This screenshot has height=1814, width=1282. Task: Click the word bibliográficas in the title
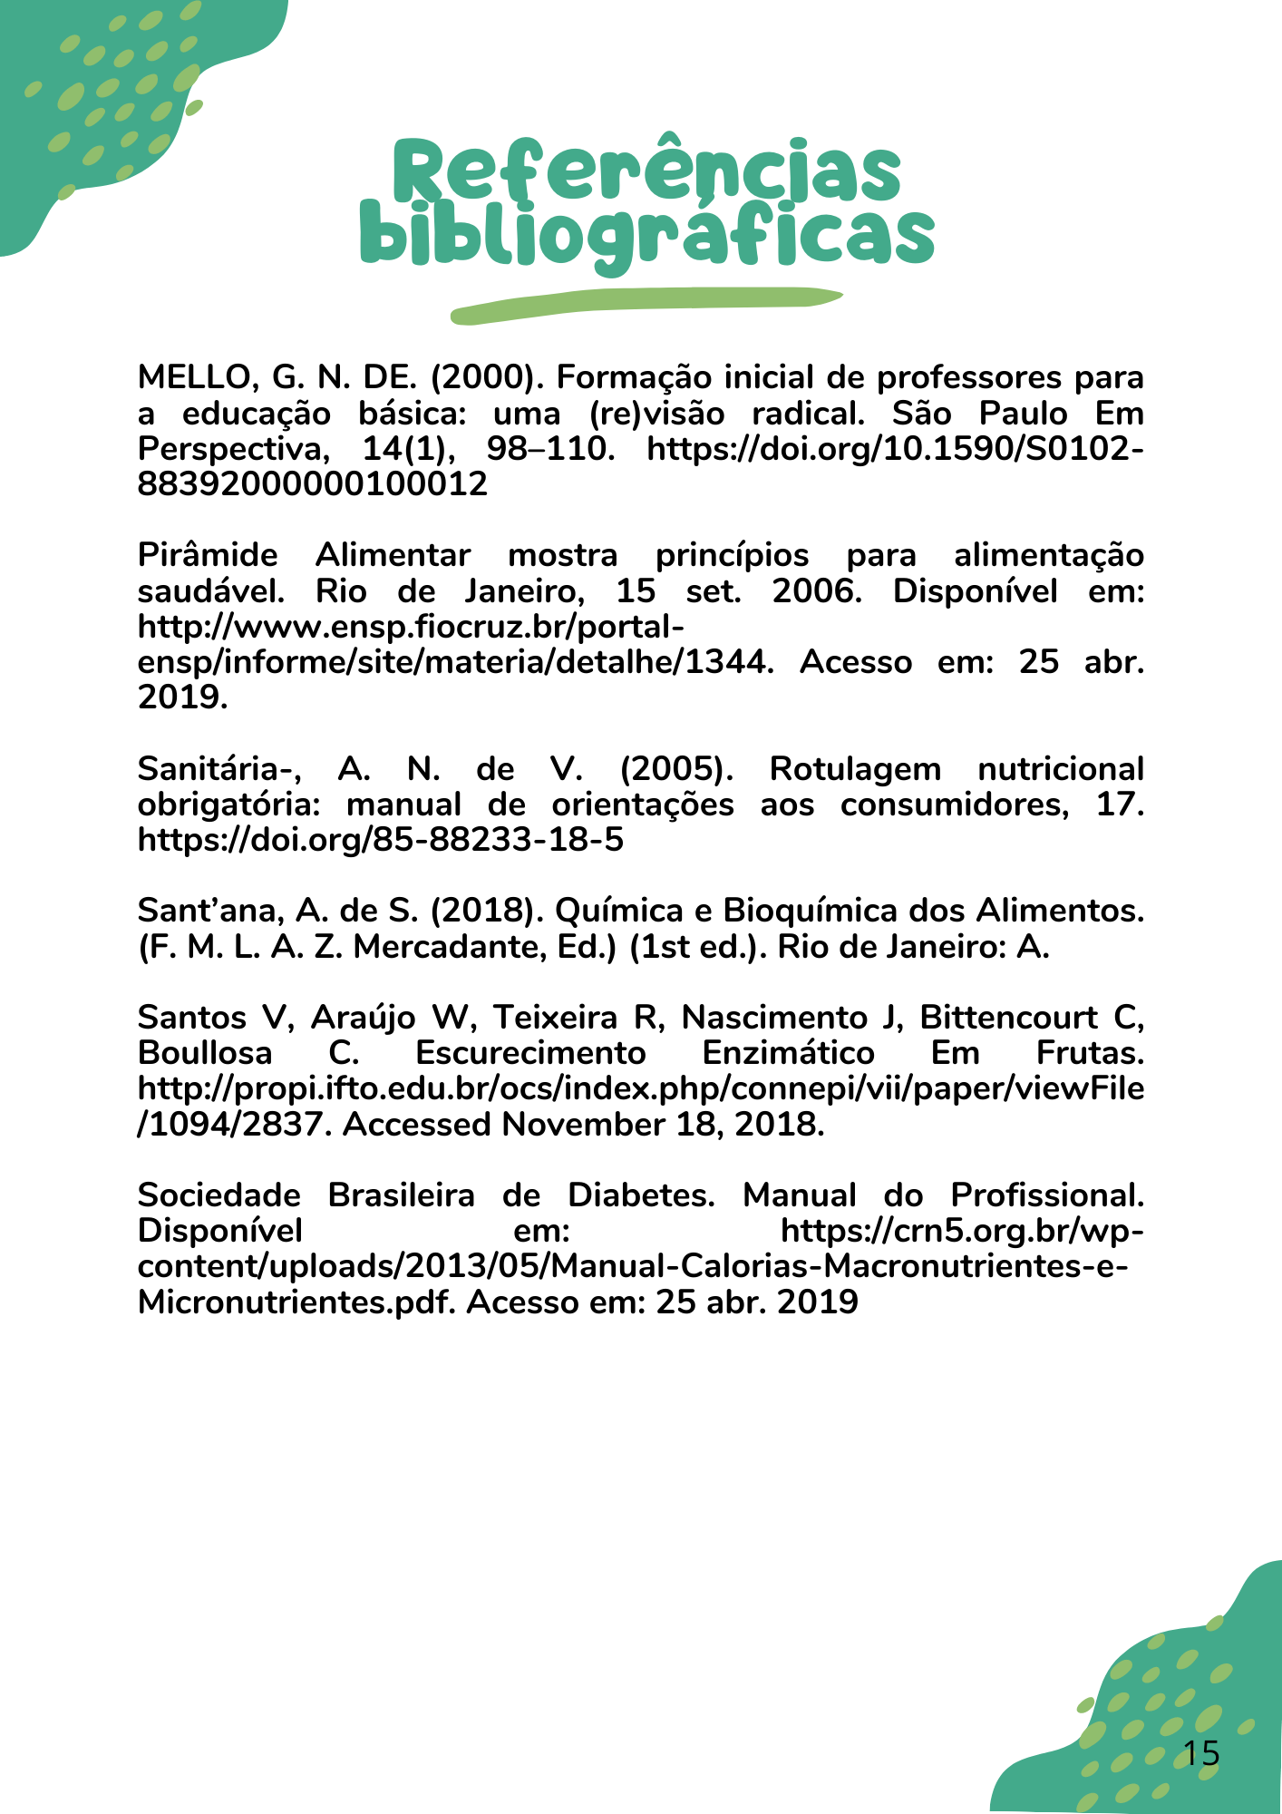click(646, 236)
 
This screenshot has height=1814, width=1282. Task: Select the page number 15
click(1201, 1753)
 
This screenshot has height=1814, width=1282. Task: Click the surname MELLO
click(193, 377)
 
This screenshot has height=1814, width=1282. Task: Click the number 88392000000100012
click(312, 484)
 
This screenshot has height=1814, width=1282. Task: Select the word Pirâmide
click(208, 555)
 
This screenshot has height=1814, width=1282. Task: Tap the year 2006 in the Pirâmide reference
click(812, 591)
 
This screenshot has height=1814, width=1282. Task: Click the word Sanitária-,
click(219, 769)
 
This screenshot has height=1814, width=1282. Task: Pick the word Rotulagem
click(854, 769)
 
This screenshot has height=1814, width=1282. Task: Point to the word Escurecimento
click(530, 1053)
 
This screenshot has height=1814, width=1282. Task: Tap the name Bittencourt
click(1008, 1018)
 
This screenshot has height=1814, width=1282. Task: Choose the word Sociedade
click(219, 1195)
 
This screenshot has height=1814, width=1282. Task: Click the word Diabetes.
click(641, 1195)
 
